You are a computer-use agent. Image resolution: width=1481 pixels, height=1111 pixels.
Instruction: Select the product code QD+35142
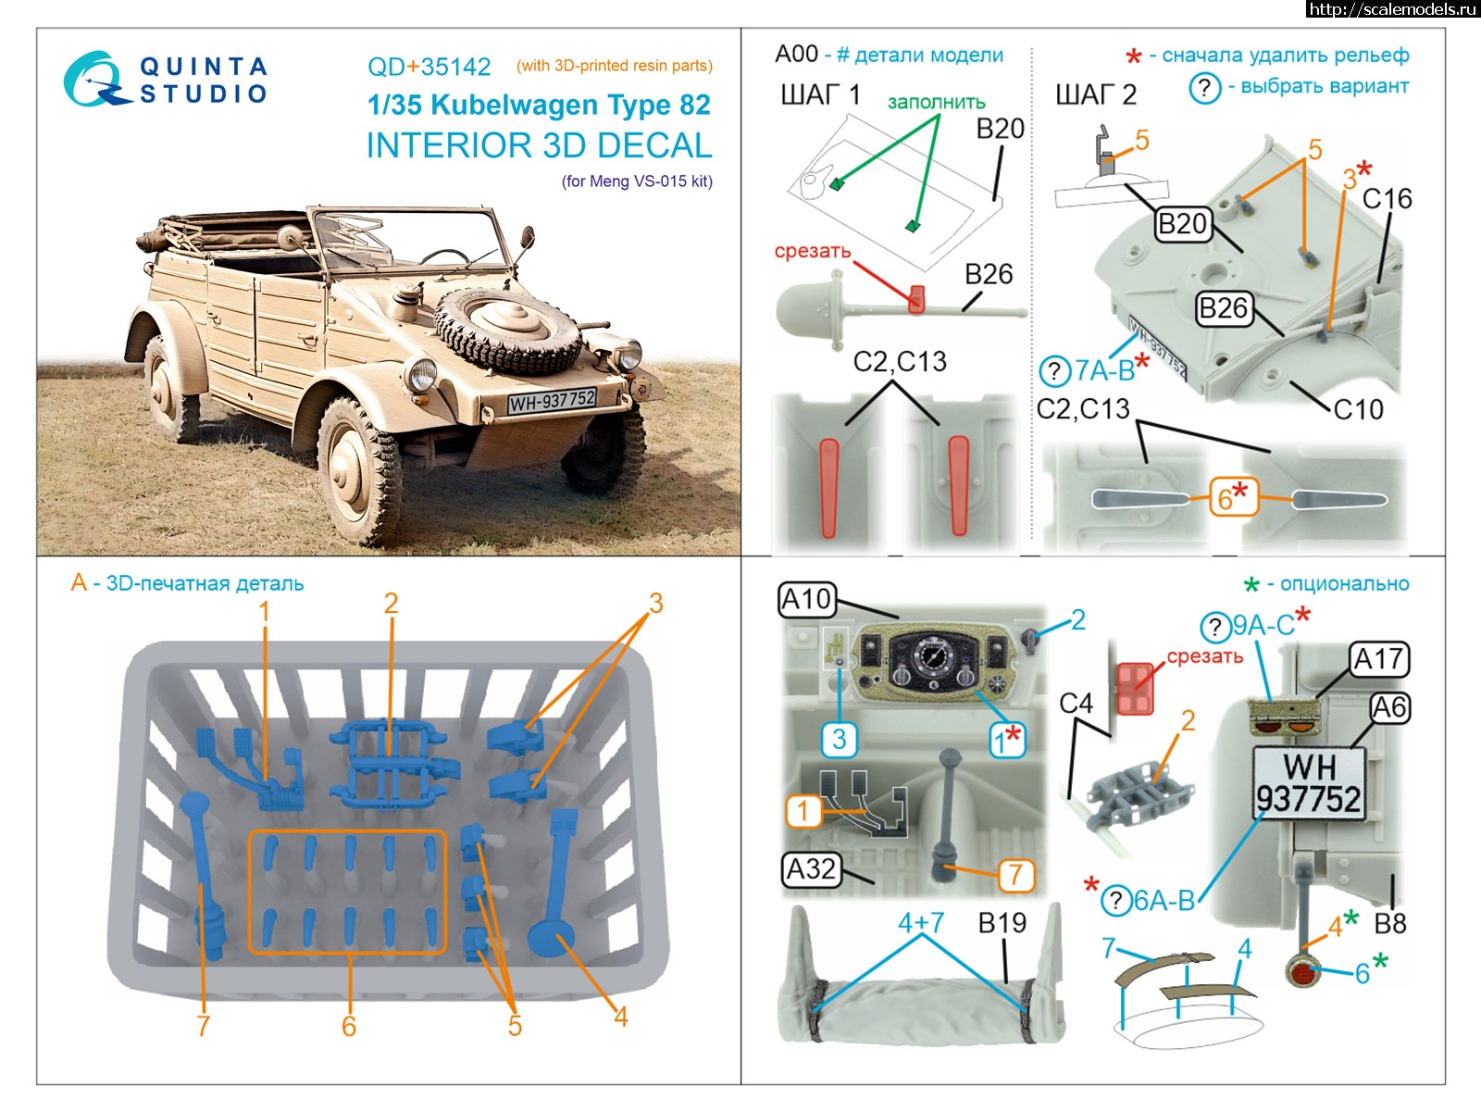(x=429, y=67)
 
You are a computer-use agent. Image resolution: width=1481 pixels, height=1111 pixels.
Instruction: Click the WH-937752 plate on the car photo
(x=552, y=401)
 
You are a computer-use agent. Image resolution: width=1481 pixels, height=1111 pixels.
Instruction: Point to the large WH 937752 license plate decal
(x=1308, y=782)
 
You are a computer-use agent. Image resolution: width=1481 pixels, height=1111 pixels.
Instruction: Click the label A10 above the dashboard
(x=806, y=600)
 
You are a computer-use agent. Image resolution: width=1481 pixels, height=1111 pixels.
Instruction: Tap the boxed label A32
(x=811, y=868)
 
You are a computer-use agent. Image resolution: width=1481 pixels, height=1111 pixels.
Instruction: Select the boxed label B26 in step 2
(x=1223, y=307)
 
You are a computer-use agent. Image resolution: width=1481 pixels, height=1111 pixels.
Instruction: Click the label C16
(x=1387, y=199)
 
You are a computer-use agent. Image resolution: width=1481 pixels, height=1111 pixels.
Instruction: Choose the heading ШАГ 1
(x=820, y=94)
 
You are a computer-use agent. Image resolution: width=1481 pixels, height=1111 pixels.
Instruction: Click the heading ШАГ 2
(x=1096, y=94)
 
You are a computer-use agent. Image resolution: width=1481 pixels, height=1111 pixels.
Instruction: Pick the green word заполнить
(x=936, y=102)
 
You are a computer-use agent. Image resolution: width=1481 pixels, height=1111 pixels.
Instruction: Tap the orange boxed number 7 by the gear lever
(x=1015, y=874)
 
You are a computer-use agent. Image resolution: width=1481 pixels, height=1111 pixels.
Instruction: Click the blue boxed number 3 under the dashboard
(x=839, y=739)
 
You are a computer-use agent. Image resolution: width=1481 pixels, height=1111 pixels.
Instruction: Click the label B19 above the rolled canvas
(x=1002, y=923)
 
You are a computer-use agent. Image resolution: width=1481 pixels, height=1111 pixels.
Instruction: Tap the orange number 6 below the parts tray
(x=349, y=1026)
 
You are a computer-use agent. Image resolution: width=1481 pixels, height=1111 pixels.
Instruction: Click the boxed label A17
(x=1379, y=659)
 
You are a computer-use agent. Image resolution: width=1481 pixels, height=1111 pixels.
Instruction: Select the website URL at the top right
(x=1393, y=9)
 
